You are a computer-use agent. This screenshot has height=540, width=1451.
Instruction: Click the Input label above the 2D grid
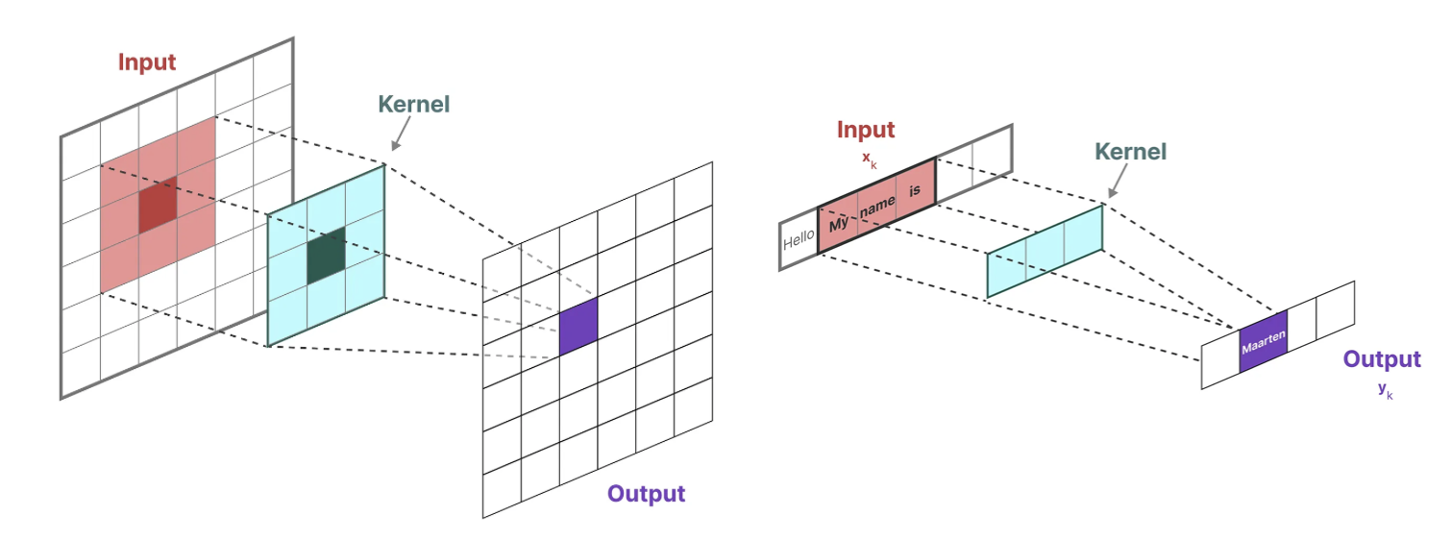pos(147,62)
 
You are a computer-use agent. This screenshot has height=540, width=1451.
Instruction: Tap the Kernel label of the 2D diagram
pos(413,104)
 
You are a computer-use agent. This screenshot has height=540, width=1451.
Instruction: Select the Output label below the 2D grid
pos(646,494)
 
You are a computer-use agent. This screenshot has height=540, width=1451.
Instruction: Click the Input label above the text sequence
pos(865,130)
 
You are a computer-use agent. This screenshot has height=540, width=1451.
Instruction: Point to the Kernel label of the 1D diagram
pos(1130,152)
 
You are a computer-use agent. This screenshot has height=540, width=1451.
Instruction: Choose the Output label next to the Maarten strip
pos(1381,359)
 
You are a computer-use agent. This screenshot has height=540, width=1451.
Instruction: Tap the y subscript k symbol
pos(1384,390)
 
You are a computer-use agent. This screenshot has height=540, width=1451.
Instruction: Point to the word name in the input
pos(877,206)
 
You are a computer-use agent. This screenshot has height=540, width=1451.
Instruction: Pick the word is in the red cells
pos(915,189)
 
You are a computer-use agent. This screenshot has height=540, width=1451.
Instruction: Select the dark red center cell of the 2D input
pos(158,205)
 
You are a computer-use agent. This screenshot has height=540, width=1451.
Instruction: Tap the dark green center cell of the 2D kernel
pos(326,256)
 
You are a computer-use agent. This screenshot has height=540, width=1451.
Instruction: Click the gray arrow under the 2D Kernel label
pos(399,138)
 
